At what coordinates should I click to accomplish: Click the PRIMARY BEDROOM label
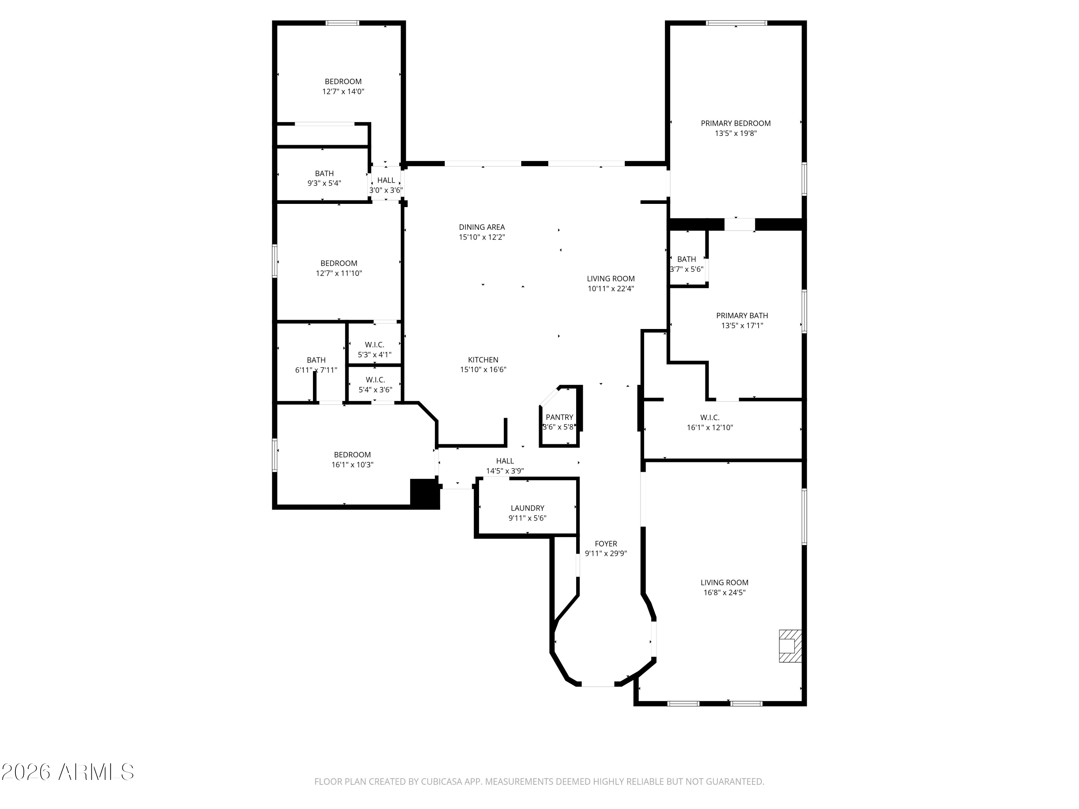click(x=735, y=123)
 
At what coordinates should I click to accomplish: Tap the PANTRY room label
click(x=559, y=417)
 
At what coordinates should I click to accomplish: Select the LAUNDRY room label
click(x=527, y=508)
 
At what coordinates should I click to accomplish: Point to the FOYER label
click(x=606, y=543)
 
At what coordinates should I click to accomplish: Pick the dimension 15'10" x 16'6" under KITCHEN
click(x=483, y=370)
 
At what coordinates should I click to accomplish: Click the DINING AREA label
click(x=482, y=227)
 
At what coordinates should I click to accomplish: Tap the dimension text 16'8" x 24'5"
click(x=724, y=593)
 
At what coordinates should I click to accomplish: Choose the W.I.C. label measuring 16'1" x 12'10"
click(x=709, y=417)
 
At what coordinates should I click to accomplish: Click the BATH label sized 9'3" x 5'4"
click(x=324, y=173)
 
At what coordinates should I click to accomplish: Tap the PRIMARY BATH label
click(x=741, y=315)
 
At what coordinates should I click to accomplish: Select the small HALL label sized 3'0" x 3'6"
click(x=386, y=180)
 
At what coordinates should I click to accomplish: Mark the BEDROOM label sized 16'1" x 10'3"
click(x=352, y=454)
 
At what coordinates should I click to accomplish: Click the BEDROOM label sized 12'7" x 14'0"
click(x=343, y=81)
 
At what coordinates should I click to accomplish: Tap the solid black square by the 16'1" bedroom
click(x=424, y=494)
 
